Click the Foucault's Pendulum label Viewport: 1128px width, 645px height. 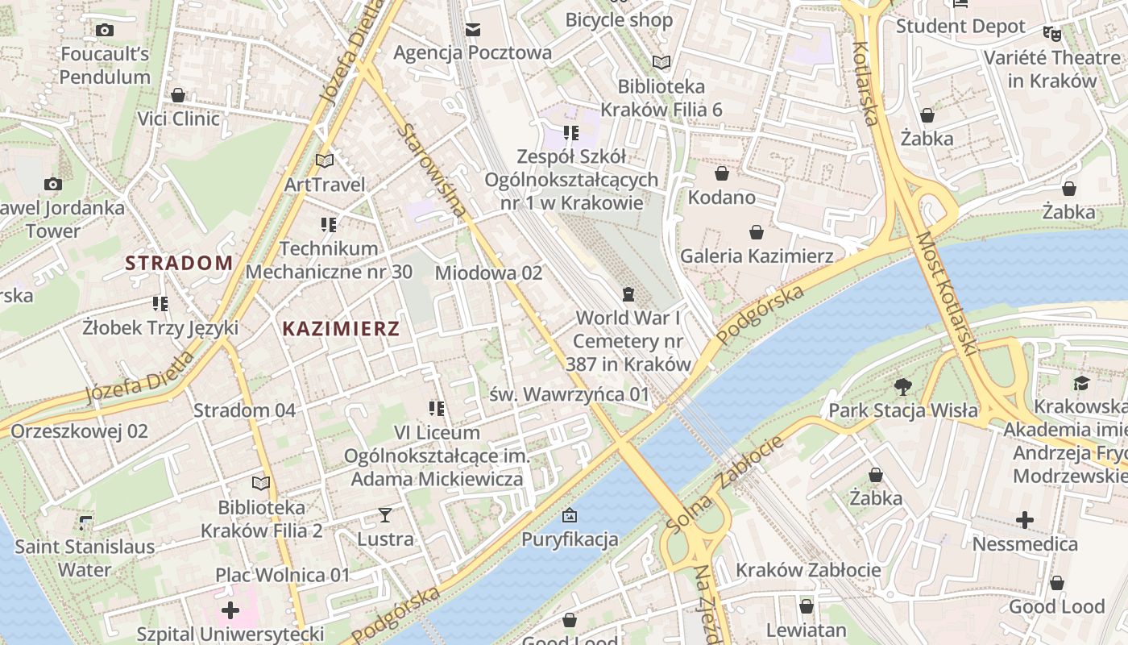tap(105, 66)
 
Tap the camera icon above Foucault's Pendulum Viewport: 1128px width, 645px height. tap(104, 31)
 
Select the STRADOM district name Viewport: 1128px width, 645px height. tap(179, 263)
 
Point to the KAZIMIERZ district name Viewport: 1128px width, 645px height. tap(342, 329)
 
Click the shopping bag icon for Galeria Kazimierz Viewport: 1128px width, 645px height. tap(757, 233)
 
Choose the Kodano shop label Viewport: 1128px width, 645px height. tap(721, 198)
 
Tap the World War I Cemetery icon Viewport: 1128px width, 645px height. tap(628, 294)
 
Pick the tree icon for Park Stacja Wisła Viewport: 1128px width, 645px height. tap(903, 386)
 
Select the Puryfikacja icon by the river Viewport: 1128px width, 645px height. tap(570, 515)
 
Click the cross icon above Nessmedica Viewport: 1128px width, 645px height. tap(1024, 520)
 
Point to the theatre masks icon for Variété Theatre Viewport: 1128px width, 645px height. tap(1051, 34)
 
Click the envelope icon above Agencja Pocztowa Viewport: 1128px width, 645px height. tap(473, 30)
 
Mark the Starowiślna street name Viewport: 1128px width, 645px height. tap(433, 170)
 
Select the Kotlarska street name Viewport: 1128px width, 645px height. tap(865, 84)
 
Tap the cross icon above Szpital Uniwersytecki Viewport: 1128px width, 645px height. tap(230, 610)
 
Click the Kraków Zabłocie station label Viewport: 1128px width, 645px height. tap(808, 571)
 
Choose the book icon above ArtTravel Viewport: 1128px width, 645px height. tap(325, 161)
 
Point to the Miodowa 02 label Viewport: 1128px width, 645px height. tap(488, 273)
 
